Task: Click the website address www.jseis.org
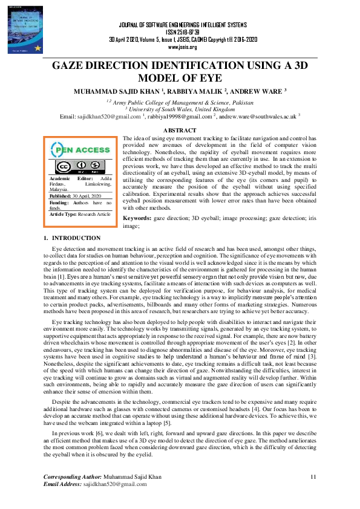[x=182, y=47]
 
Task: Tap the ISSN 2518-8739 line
[x=182, y=31]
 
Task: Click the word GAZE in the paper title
[x=71, y=66]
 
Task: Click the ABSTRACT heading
[x=180, y=131]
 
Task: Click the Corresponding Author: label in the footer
[x=73, y=478]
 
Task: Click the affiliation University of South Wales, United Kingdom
[x=180, y=109]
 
